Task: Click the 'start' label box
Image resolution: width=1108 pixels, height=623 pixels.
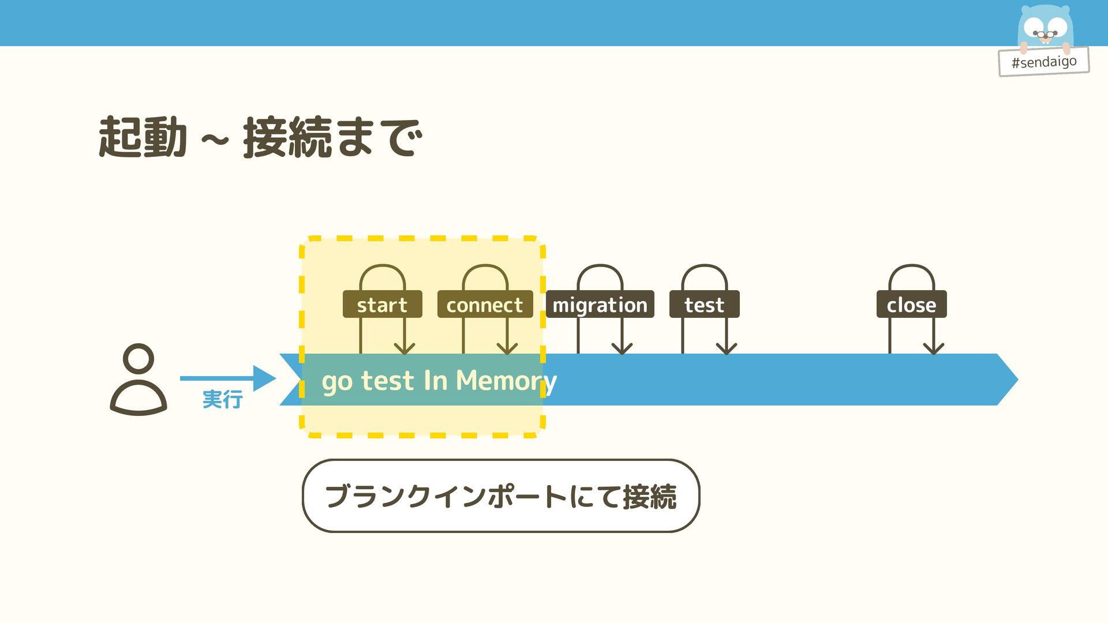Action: pyautogui.click(x=382, y=305)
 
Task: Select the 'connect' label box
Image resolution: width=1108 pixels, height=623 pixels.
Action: pyautogui.click(x=485, y=305)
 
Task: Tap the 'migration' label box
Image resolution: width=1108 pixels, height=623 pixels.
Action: pyautogui.click(x=600, y=305)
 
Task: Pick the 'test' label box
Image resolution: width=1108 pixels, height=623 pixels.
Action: pyautogui.click(x=704, y=305)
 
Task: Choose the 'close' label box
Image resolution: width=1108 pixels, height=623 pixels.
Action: pyautogui.click(x=911, y=305)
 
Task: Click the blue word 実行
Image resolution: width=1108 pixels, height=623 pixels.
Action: pyautogui.click(x=222, y=399)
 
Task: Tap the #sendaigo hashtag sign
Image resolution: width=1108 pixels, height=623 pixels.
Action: pyautogui.click(x=1043, y=62)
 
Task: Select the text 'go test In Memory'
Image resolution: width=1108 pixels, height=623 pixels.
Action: pyautogui.click(x=439, y=381)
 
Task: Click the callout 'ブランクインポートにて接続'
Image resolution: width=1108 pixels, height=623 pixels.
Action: pyautogui.click(x=500, y=496)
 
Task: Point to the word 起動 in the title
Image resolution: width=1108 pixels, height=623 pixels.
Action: pyautogui.click(x=143, y=137)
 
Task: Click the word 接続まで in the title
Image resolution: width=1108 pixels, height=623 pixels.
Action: pyautogui.click(x=332, y=137)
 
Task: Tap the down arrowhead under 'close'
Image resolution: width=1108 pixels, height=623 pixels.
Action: pyautogui.click(x=933, y=348)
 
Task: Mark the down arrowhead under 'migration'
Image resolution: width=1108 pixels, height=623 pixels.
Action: pyautogui.click(x=622, y=348)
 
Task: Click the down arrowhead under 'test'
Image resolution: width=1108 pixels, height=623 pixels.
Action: pyautogui.click(x=726, y=348)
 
